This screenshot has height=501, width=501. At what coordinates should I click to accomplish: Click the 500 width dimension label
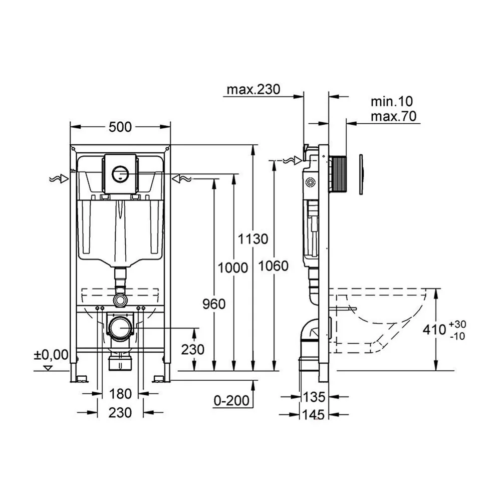[120, 127]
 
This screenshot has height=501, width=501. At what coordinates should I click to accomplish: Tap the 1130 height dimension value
[253, 239]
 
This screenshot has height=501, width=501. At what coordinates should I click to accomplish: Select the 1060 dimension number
[273, 266]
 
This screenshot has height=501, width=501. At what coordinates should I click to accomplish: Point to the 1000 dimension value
[233, 268]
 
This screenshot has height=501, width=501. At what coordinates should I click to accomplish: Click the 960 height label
[214, 304]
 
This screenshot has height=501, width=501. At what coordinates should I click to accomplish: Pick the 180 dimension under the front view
[120, 394]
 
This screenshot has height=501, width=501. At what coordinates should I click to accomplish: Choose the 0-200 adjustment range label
[231, 401]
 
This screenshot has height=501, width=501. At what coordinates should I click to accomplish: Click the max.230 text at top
[254, 90]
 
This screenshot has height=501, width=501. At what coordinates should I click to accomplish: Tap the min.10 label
[392, 102]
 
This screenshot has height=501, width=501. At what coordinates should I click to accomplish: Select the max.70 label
[394, 117]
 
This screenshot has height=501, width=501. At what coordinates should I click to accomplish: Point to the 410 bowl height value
[434, 330]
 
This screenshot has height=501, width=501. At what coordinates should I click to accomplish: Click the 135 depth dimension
[314, 397]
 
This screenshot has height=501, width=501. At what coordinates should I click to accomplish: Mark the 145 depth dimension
[313, 415]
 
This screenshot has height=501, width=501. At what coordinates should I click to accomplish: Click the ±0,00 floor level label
[51, 355]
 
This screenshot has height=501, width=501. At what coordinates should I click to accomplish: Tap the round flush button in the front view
[120, 173]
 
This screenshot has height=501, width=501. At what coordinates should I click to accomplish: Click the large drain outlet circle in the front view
[120, 328]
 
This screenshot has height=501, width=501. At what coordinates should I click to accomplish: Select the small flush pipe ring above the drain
[120, 300]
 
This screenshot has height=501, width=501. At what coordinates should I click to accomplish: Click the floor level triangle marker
[48, 368]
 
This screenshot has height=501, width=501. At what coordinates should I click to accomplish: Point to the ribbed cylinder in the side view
[339, 174]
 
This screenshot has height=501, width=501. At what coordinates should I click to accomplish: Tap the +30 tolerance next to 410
[457, 324]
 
